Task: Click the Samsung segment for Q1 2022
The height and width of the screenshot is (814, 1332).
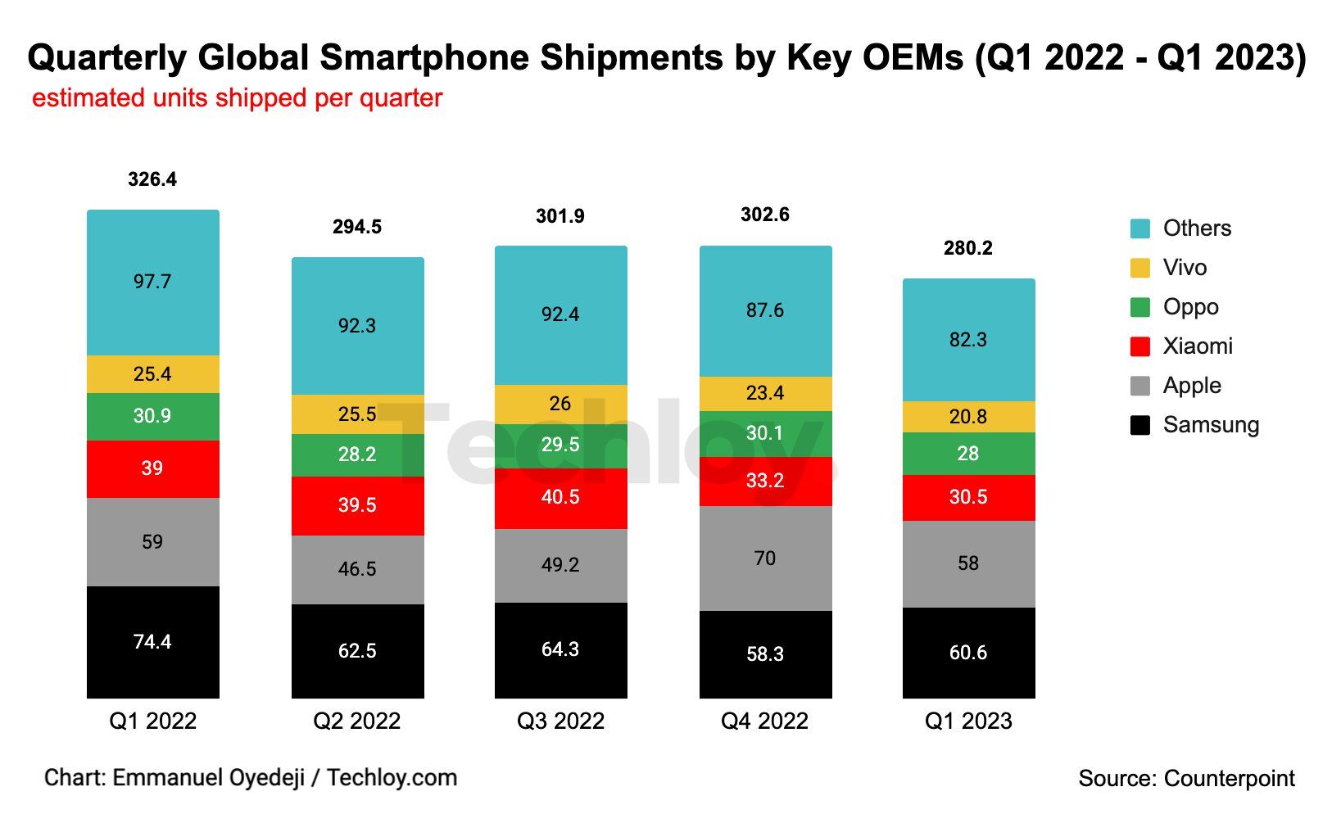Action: point(152,642)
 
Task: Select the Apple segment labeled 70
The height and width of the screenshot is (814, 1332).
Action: point(765,558)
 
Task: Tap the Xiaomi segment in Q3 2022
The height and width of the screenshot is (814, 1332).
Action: point(560,498)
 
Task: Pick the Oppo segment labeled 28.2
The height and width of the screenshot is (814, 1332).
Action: point(357,455)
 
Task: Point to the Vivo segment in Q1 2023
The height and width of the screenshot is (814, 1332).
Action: point(968,417)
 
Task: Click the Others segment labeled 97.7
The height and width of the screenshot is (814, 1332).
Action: point(152,282)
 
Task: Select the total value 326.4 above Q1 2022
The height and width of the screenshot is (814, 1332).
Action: point(152,179)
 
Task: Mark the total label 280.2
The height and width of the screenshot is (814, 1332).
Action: point(968,248)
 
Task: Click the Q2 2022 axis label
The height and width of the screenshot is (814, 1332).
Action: point(357,721)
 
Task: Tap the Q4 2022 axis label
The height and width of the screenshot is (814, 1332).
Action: point(764,721)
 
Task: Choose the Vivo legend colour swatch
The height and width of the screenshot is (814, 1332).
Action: point(1139,268)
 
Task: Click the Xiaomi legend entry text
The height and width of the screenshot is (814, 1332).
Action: point(1198,346)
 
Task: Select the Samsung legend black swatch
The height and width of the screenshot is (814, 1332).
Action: point(1139,425)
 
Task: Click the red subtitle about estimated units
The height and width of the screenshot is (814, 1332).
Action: point(237,98)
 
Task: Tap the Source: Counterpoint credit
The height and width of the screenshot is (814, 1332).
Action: point(1186,778)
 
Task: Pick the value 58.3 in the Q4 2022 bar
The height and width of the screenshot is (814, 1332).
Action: point(765,654)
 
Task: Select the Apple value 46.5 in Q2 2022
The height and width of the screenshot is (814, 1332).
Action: point(357,569)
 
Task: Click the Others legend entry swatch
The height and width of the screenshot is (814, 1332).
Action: point(1139,228)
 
